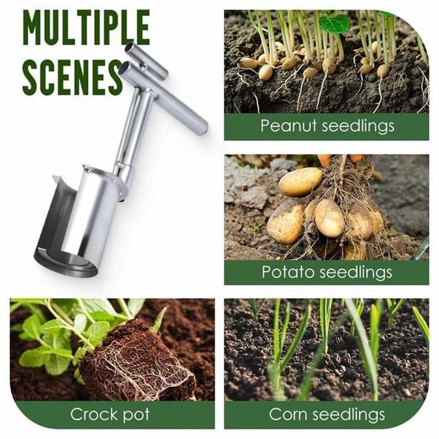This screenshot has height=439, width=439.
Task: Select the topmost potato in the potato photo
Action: click(300, 182)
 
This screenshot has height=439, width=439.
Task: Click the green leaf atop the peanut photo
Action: click(335, 23)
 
